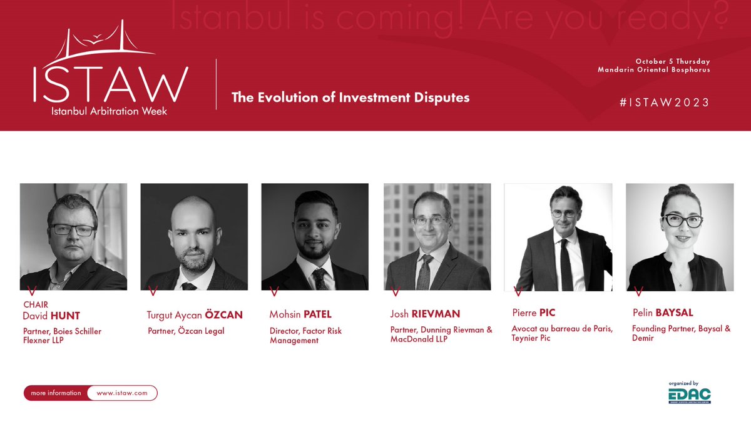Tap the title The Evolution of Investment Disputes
350,98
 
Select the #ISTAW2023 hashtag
665,103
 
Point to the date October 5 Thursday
673,61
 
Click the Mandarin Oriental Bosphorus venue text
654,69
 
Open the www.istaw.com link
122,393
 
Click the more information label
56,393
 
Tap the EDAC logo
688,396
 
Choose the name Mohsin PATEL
300,315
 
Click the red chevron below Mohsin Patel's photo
273,291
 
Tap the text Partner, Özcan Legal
186,331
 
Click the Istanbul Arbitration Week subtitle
110,111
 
